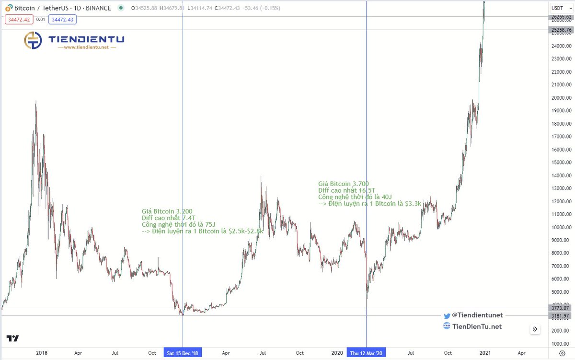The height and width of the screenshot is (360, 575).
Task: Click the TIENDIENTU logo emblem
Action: (x=33, y=40)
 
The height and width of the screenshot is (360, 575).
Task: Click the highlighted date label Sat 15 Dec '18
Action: (x=183, y=353)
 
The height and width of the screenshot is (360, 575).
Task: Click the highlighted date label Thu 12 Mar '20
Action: (x=366, y=353)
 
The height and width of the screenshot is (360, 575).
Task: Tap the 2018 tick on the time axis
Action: (x=41, y=353)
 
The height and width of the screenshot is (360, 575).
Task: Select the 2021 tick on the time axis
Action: (x=485, y=353)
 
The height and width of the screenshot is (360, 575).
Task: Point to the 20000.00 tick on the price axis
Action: (x=561, y=98)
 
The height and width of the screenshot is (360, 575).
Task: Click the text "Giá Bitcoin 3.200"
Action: (x=167, y=211)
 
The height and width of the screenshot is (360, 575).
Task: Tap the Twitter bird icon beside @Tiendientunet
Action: (x=447, y=315)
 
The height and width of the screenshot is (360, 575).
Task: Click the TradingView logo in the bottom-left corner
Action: (x=13, y=338)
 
